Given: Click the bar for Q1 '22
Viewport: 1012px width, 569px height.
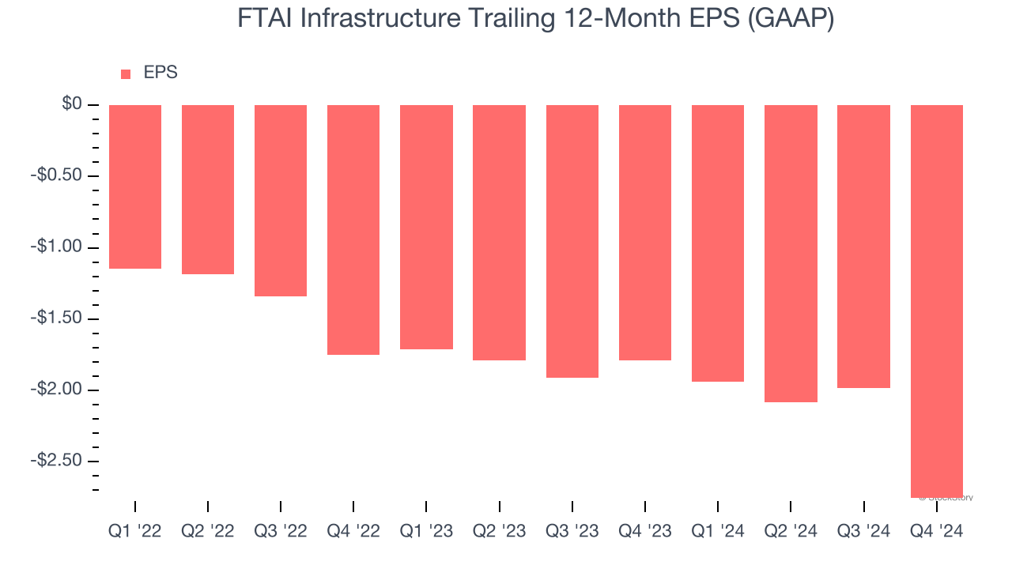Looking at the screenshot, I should [x=135, y=187].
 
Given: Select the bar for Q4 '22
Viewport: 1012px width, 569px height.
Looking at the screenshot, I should [x=353, y=229].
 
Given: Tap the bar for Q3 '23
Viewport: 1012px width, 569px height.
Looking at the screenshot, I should [x=572, y=241].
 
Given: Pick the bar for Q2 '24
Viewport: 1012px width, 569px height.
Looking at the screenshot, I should [x=791, y=253].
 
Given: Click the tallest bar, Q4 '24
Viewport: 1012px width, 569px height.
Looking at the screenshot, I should [x=937, y=300].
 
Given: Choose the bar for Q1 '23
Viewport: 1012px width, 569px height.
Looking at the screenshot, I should [x=426, y=227].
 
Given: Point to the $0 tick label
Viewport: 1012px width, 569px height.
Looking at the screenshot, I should [x=72, y=104].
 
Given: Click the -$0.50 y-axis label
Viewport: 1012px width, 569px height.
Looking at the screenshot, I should [x=56, y=175].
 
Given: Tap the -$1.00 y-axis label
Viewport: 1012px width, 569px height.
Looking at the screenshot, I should [x=56, y=247].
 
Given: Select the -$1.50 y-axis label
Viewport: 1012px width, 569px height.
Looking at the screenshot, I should [x=56, y=318].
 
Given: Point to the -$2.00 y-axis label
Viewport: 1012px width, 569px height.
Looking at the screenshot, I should [x=56, y=389].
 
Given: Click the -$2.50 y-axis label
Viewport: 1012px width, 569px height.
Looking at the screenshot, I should [x=56, y=460].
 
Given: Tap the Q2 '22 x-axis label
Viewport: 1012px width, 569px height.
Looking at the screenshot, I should [x=208, y=532].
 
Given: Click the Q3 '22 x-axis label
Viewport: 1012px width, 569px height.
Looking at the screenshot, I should [x=281, y=532].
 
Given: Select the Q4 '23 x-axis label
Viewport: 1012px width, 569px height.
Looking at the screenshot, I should [x=645, y=532].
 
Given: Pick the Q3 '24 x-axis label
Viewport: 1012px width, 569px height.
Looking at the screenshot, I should [x=863, y=532].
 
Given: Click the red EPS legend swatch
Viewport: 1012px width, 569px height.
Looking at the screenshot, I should [x=126, y=74].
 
